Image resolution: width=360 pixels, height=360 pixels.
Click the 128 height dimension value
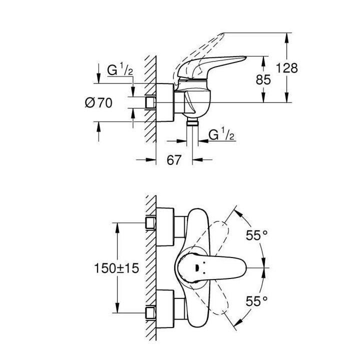[x=286, y=68]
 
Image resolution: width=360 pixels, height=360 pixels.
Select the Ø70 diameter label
[x=98, y=103]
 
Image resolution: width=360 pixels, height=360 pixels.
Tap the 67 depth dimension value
[x=173, y=160]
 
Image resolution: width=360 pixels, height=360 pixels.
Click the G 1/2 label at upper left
[x=120, y=70]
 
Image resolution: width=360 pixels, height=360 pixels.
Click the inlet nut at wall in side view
[x=150, y=102]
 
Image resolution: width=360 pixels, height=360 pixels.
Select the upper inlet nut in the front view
[x=150, y=223]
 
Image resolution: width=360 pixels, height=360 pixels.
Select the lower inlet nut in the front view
[x=150, y=313]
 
